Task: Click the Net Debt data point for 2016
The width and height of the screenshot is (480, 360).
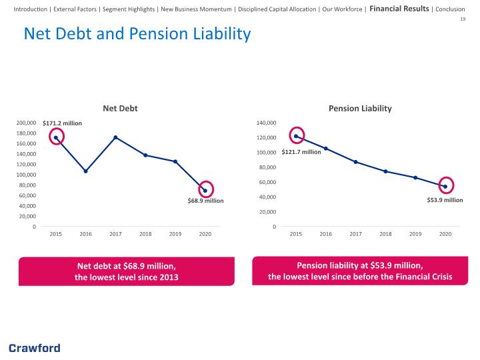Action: [86, 171]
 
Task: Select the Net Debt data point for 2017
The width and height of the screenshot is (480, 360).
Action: [115, 137]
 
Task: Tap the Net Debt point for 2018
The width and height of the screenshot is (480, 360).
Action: [145, 155]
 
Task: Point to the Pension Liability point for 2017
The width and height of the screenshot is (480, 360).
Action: [355, 162]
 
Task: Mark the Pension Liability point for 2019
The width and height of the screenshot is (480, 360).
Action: [415, 177]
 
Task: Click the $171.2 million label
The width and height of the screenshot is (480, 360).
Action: [62, 123]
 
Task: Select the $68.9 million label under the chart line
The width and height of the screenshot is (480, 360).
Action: [205, 201]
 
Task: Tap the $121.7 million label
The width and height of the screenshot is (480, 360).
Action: [301, 152]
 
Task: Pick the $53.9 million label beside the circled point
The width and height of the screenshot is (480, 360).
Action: [445, 200]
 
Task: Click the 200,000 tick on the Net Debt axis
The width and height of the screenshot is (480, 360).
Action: [26, 123]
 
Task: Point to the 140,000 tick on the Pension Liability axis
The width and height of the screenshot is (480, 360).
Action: [266, 123]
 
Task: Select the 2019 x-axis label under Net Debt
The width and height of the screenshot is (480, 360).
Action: [175, 234]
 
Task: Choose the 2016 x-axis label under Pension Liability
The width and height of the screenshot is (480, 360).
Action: [326, 234]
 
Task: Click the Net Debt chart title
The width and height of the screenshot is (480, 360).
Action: [120, 109]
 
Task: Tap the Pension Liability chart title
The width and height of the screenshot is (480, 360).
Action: [360, 109]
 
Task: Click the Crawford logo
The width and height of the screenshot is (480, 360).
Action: [35, 349]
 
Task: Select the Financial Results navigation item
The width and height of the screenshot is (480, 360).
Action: [399, 9]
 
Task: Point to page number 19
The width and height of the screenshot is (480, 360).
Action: [463, 19]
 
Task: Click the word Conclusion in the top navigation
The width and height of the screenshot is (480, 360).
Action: [450, 9]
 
